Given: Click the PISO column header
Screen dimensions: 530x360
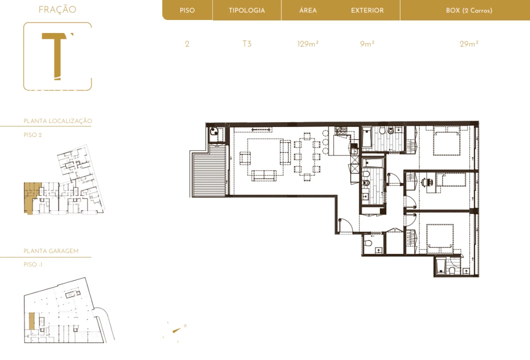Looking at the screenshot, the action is pos(187,10).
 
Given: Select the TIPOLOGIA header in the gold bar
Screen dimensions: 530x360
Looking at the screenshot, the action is pos(247,10).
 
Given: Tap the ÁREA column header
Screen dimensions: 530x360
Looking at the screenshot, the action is pos(308,10).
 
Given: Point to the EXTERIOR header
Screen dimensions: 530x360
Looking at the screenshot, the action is pos(367,10).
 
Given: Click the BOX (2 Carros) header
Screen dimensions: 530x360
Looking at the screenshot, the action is pos(469,10).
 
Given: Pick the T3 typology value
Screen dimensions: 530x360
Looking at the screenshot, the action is pos(247,43).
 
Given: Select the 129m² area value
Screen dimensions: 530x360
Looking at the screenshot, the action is pos(308,43).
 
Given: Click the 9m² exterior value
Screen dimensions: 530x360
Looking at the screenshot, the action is pos(367,43).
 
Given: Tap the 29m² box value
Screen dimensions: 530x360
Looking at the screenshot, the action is pos(469,43).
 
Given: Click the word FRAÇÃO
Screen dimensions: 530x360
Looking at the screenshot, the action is pos(58,9).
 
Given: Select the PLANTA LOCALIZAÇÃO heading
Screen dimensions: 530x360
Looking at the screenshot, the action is pos(58,121).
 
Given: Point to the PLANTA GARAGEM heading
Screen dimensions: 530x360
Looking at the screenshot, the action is pos(51,251).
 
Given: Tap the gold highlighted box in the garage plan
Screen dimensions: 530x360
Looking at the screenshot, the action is pos(32,321).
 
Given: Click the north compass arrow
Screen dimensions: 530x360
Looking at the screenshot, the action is pos(177,330).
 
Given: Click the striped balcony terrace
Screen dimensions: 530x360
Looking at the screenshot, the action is pos(209,170).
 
